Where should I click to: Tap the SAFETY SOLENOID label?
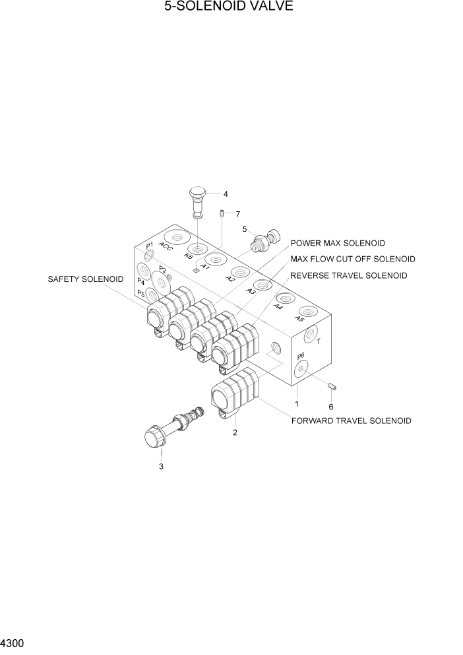85,279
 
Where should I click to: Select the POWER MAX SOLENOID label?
338,244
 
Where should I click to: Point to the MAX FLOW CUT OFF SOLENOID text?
353,259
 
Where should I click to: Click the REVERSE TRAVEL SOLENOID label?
348,275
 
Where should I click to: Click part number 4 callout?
226,194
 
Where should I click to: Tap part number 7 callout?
237,213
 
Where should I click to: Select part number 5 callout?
244,229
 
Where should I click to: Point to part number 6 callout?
331,407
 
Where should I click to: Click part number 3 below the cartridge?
160,467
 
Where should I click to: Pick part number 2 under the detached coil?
235,433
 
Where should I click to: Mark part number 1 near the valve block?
297,403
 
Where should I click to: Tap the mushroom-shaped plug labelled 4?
198,197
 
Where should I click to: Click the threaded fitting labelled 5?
265,242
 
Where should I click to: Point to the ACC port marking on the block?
166,248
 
